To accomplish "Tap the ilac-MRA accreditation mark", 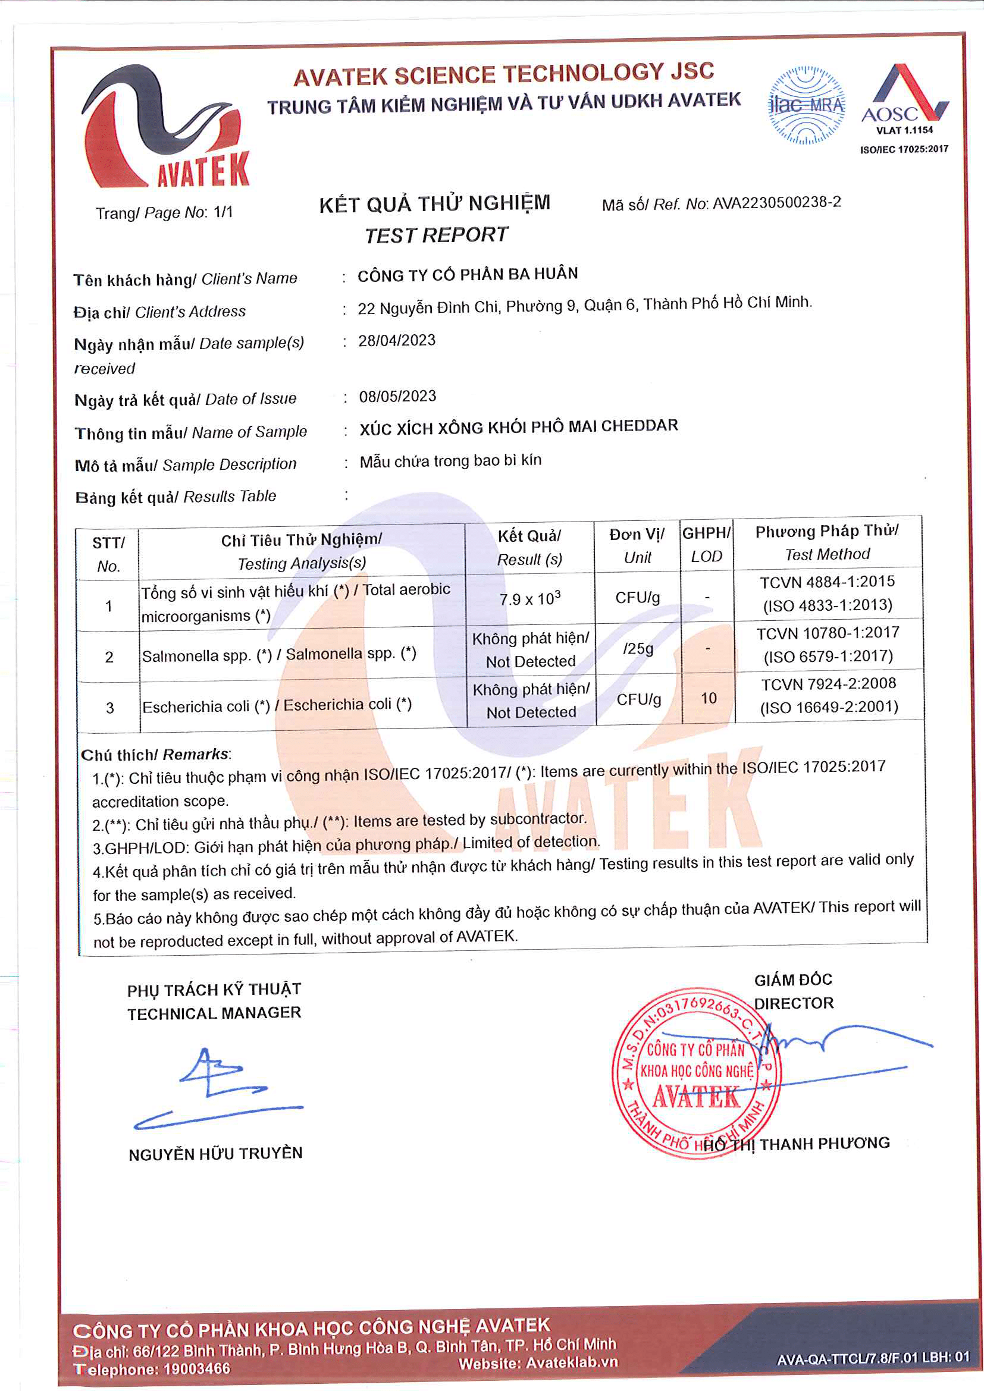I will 806,106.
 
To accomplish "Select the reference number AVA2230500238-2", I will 776,202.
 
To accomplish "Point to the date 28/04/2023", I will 397,341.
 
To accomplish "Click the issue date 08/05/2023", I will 397,396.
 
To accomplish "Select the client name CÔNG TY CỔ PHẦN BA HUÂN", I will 467,274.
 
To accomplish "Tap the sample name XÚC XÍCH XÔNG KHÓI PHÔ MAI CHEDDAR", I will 519,426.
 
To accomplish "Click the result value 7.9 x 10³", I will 529,599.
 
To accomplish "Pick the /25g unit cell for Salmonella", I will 637,649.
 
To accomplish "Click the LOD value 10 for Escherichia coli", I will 709,699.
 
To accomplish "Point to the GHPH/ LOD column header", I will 707,544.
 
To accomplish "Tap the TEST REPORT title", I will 436,234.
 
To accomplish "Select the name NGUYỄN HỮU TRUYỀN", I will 215,1154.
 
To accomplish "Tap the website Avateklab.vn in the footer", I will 571,1362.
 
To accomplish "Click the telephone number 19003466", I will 196,1368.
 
